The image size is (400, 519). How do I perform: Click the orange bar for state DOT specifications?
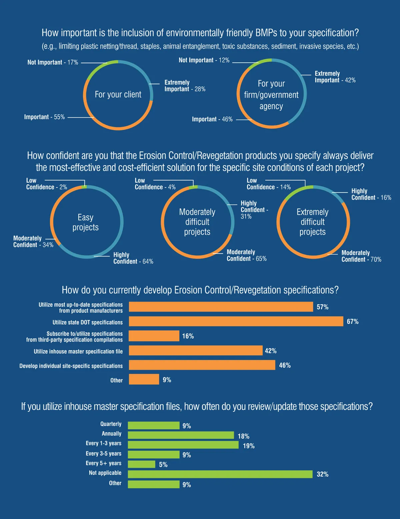[x=236, y=321]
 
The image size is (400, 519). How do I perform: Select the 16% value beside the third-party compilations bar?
[x=188, y=336]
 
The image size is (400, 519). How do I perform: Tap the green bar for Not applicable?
[x=220, y=474]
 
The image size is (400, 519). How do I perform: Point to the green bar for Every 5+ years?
[x=142, y=464]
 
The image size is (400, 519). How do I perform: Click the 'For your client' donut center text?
[x=118, y=95]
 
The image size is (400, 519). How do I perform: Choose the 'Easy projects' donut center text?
[x=86, y=222]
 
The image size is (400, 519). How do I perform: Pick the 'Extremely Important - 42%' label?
[x=335, y=77]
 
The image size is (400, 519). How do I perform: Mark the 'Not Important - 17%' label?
[x=53, y=62]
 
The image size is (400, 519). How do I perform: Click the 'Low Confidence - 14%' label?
[x=268, y=184]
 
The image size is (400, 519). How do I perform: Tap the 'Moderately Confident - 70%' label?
[x=361, y=256]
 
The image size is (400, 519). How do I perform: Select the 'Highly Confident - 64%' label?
[x=133, y=258]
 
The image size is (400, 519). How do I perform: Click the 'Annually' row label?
[x=112, y=434]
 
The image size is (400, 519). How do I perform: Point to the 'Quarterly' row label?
[x=111, y=424]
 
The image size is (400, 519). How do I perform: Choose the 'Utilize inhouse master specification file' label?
[x=78, y=351]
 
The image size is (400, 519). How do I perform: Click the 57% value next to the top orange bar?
[x=322, y=307]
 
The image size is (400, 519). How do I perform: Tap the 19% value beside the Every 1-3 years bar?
[x=249, y=446]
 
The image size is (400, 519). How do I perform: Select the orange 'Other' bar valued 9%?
[x=144, y=379]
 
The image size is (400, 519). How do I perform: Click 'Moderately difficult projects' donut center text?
[x=197, y=222]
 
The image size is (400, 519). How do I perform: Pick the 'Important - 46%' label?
[x=212, y=119]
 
